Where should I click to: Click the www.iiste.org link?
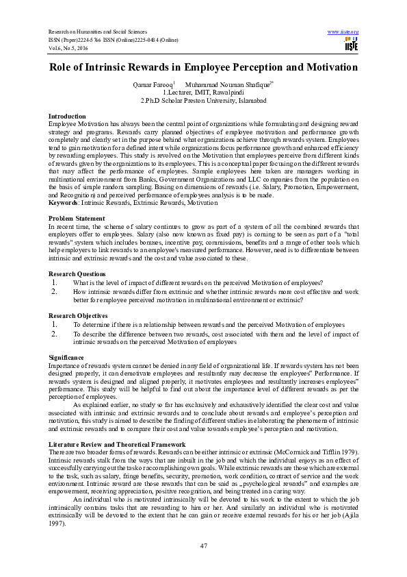point(343,32)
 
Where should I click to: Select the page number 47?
point(203,545)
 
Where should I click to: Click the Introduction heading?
point(67,117)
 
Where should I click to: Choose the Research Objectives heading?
point(78,316)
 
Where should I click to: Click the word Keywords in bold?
point(63,204)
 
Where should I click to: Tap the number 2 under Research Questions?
point(54,291)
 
